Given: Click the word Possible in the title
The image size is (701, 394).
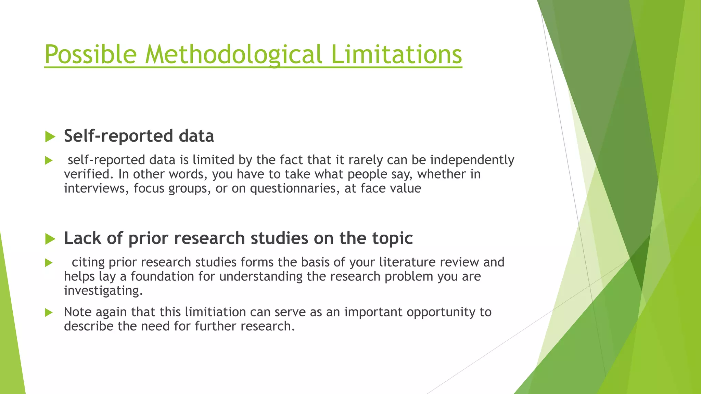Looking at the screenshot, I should (91, 54).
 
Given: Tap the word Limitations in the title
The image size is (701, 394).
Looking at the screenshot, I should (397, 54).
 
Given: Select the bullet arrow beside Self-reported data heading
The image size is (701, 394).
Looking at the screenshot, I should (50, 137).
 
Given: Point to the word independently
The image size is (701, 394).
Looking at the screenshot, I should (472, 160).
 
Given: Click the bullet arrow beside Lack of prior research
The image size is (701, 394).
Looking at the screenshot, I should (50, 239).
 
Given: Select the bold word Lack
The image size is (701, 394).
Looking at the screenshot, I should (82, 238).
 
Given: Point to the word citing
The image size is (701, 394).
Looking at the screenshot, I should (88, 262).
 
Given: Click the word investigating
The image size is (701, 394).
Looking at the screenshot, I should (103, 291).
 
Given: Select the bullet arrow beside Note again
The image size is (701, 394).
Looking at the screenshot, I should (49, 313).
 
